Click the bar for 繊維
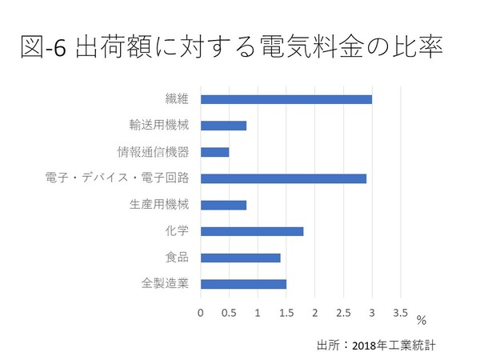point(286,99)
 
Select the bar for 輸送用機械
point(223,126)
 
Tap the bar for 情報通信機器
point(214,152)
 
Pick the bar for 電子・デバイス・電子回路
point(283,178)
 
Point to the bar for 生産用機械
point(223,205)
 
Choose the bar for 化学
point(252,231)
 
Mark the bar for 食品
point(240,258)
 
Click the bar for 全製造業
point(243,284)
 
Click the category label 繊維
point(178,99)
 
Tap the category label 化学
point(178,231)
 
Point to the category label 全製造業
point(166,284)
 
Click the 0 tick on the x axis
point(201,312)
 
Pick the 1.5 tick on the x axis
point(286,312)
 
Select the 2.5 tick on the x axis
point(343,312)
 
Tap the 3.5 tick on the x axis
point(400,312)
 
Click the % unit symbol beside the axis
point(421,321)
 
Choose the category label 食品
point(178,258)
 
